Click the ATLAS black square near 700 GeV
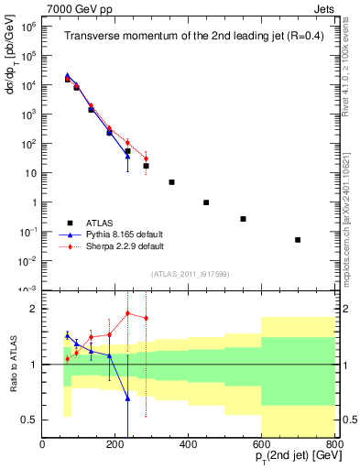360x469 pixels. coord(298,240)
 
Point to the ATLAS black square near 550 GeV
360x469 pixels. coord(243,219)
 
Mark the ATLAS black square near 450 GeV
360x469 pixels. coord(206,202)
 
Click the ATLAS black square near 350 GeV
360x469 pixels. coord(171,182)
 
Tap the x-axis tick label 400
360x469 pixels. coord(189,444)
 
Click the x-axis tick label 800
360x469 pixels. coord(334,444)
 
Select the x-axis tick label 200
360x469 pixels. coord(115,444)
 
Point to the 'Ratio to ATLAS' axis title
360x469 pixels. coord(12,364)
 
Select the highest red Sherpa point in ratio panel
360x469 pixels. coord(127,313)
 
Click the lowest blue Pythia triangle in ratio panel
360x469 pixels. coord(127,398)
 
